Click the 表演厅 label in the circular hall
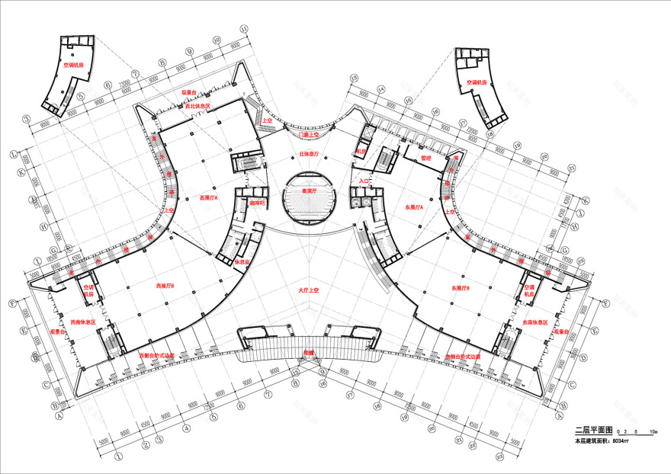point(309,191)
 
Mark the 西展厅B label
point(165,286)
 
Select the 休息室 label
point(243,261)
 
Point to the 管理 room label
point(427,158)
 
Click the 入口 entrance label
point(364,181)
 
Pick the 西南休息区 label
point(82,322)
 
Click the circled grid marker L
point(13,154)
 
